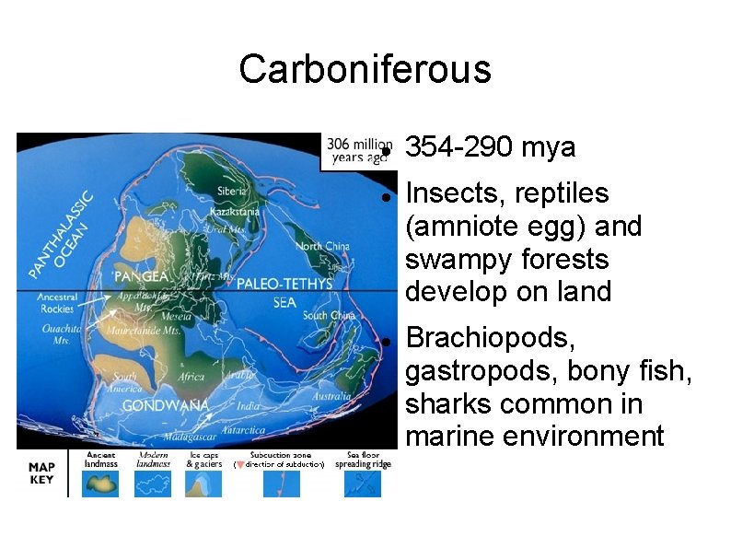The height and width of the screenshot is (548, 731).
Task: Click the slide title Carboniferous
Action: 365,69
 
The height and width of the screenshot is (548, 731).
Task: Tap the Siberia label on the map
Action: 231,192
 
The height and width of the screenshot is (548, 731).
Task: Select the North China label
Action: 322,246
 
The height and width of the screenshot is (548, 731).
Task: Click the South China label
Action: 329,316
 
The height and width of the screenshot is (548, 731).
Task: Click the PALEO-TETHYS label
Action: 284,285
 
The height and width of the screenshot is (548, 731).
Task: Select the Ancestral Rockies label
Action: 57,303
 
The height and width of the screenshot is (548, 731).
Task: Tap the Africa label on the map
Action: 191,376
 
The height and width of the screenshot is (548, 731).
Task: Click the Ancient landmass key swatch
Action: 100,483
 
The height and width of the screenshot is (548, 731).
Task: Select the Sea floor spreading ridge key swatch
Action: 362,483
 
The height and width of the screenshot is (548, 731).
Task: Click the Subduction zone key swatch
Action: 281,483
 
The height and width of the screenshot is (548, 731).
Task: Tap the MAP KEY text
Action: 41,472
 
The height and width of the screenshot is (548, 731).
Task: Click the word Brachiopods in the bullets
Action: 492,337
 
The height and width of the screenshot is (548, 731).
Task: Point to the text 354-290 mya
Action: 490,147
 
